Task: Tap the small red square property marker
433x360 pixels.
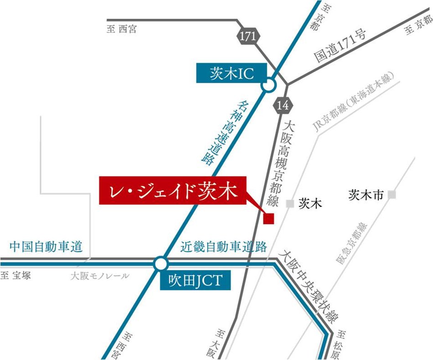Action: click(x=269, y=219)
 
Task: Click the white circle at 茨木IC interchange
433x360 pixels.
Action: click(x=269, y=84)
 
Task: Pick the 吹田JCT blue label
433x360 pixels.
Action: click(x=195, y=280)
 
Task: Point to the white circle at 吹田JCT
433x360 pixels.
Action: click(x=160, y=264)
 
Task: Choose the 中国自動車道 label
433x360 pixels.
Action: click(x=46, y=247)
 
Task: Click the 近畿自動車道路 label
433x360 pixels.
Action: click(x=223, y=247)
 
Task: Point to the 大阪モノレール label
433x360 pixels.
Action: click(x=100, y=276)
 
